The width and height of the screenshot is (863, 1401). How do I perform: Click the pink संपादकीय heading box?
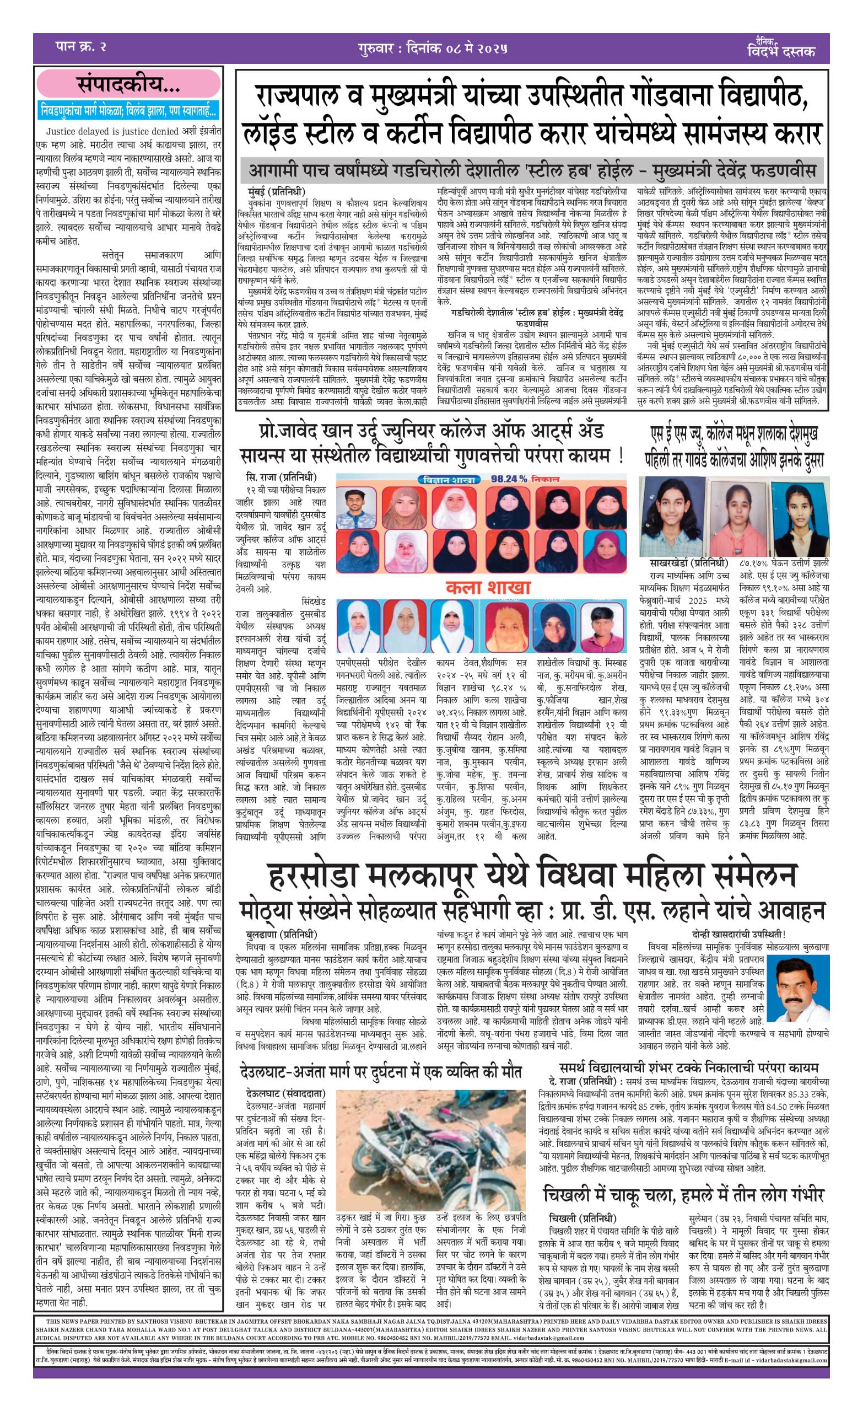coord(128,85)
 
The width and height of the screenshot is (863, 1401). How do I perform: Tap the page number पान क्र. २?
coord(81,47)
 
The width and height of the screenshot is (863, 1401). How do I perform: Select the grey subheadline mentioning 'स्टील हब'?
coord(532,171)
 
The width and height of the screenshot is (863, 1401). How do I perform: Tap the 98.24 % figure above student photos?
coord(509,479)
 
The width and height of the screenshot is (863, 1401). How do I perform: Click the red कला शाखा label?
coord(488,587)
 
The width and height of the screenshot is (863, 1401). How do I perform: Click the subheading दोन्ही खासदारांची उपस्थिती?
coord(738,934)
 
